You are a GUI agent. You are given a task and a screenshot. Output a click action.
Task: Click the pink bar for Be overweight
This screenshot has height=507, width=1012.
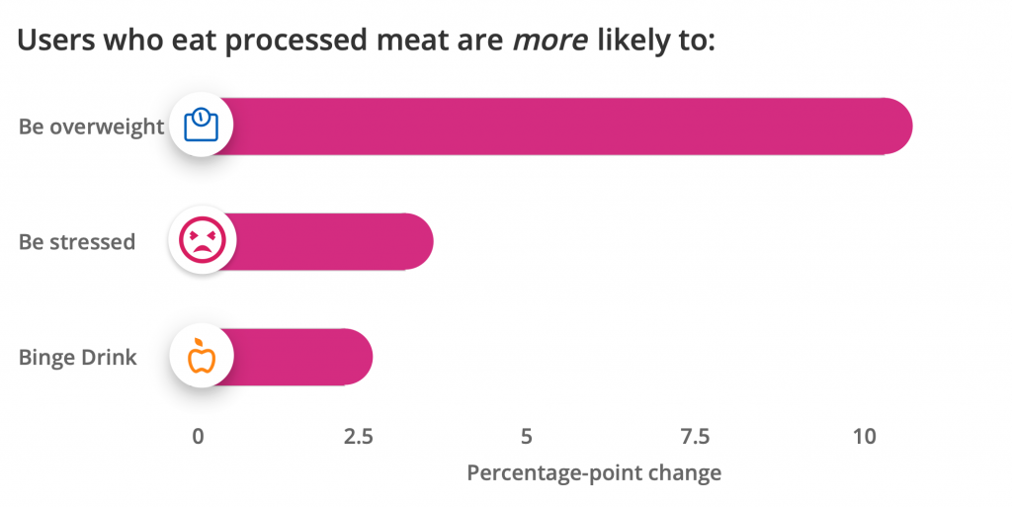(x=563, y=127)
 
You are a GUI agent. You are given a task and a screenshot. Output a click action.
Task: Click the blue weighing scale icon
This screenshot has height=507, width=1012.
(x=202, y=126)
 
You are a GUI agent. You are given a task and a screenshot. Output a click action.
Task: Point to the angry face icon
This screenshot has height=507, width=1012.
(x=202, y=240)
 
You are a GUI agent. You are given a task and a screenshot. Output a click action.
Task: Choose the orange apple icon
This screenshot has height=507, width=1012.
(x=202, y=356)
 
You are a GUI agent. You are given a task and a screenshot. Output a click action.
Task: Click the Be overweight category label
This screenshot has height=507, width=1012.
(x=91, y=127)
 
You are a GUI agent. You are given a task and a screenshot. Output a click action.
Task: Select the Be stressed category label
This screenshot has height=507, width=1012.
(x=77, y=241)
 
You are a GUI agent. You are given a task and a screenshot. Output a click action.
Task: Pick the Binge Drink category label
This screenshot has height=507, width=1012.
(x=78, y=357)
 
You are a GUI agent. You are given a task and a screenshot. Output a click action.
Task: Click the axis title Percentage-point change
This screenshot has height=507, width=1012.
(x=593, y=472)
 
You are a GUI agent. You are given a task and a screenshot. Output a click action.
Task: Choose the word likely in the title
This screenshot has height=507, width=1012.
(x=638, y=42)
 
